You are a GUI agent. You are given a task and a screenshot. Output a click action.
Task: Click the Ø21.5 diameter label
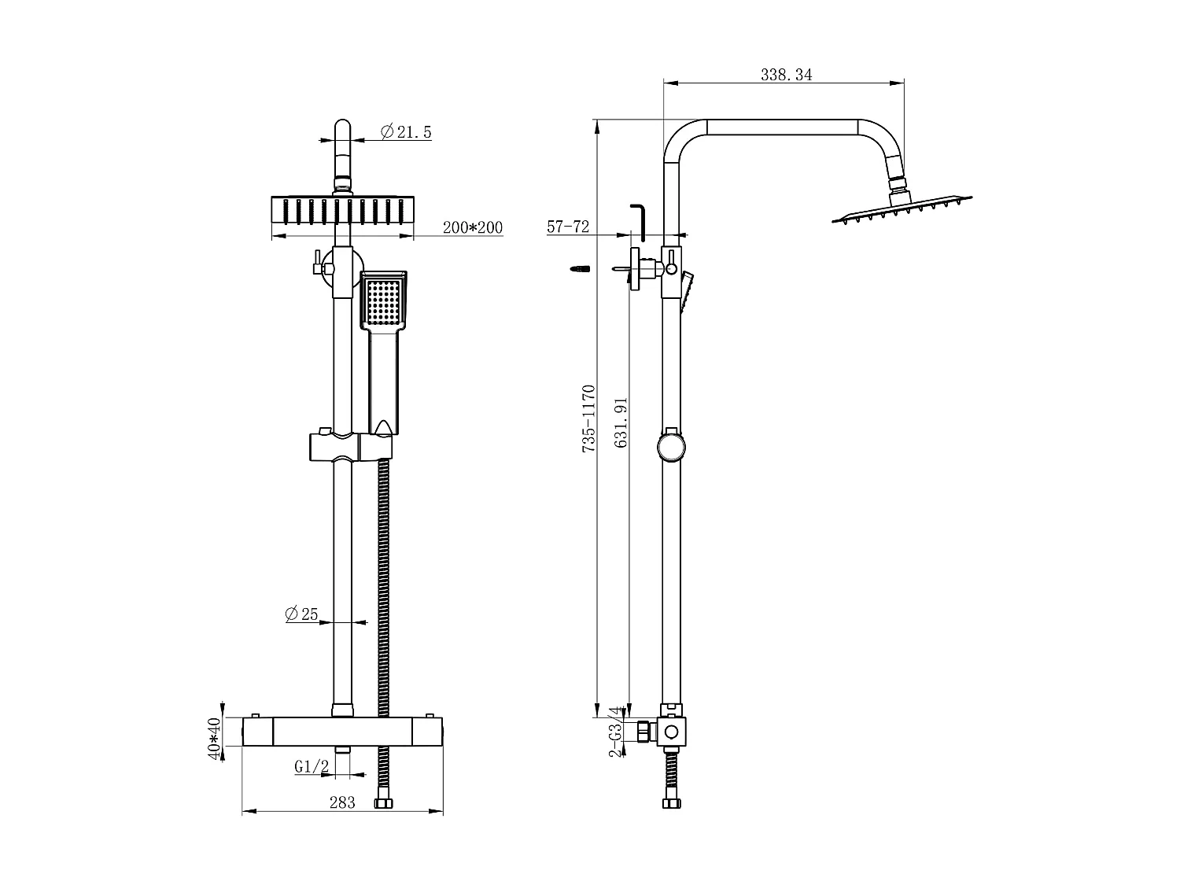point(406,131)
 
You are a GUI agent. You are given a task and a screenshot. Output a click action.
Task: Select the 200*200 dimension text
point(472,227)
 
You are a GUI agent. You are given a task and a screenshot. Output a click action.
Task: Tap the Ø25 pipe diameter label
point(301,614)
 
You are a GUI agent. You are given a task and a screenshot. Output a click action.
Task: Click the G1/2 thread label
point(312,766)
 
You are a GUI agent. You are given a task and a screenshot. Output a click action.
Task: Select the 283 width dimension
point(342,802)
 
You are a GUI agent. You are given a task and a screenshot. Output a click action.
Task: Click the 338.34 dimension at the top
point(786,75)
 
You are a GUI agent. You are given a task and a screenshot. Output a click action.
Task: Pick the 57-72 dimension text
point(568,227)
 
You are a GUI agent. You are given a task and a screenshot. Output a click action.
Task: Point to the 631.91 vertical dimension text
point(621,422)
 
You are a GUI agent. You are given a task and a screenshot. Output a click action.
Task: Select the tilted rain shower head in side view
point(902,209)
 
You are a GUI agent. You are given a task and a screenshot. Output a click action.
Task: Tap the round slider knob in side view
point(671,446)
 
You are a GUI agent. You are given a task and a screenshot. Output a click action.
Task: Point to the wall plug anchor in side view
point(578,269)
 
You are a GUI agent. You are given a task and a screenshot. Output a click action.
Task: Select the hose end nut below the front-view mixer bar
point(384,804)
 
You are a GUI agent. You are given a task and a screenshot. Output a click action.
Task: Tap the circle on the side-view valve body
point(671,732)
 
